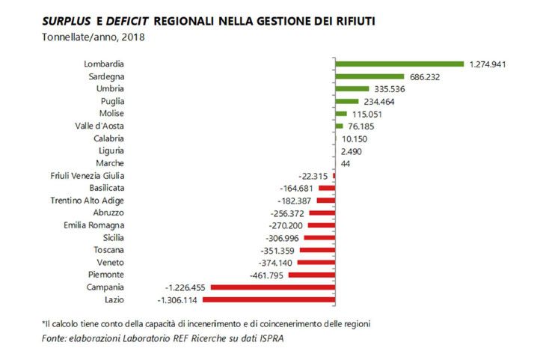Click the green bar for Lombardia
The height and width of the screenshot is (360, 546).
tap(399, 64)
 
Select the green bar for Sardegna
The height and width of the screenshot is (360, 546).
tap(369, 76)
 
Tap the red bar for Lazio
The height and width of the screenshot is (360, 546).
tap(268, 299)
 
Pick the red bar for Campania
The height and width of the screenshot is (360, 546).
tap(272, 287)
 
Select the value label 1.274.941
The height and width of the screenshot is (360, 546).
tap(488, 64)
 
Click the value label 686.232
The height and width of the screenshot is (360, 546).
tap(426, 76)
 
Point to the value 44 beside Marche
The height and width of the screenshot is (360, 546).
tap(345, 162)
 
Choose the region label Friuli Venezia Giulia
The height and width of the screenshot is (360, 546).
tap(88, 175)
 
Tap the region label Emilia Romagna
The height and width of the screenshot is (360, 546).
tap(93, 225)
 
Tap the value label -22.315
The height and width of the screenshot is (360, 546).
tap(313, 175)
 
